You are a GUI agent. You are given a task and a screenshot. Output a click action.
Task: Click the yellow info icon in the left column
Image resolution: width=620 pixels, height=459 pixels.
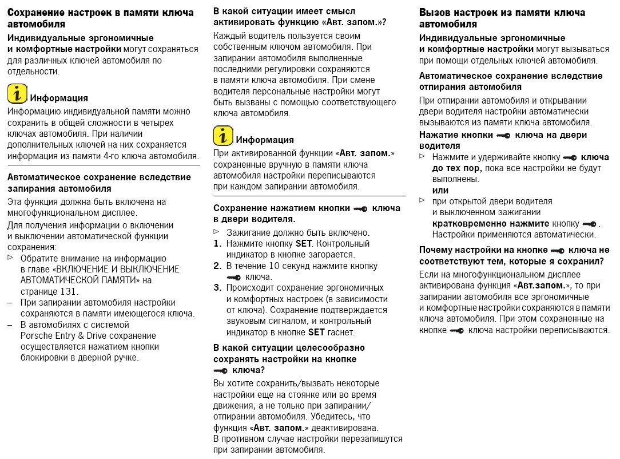[18, 94]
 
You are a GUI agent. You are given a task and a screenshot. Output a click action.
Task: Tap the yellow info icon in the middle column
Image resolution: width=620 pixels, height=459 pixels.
[223, 136]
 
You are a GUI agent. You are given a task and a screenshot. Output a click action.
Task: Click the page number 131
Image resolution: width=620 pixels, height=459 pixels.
[68, 291]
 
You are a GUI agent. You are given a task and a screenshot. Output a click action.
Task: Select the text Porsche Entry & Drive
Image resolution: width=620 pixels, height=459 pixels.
[63, 335]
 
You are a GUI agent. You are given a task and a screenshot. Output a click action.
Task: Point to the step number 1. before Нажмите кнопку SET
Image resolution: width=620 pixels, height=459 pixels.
[217, 244]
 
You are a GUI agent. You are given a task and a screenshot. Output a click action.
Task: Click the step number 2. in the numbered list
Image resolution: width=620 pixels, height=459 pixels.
[217, 266]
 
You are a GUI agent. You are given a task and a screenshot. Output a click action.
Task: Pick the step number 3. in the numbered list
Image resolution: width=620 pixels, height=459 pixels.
[217, 287]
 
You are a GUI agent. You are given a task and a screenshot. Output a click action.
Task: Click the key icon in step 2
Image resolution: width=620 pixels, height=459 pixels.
[234, 277]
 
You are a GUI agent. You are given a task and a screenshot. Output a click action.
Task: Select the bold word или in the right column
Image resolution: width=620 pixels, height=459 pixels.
[440, 191]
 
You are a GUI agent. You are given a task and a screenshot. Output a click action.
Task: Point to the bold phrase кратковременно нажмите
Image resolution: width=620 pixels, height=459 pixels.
[483, 223]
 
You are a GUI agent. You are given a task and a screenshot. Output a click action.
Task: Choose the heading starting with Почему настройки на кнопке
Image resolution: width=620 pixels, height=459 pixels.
[514, 256]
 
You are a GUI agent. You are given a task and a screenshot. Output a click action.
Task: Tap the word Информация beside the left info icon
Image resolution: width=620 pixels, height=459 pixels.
[59, 98]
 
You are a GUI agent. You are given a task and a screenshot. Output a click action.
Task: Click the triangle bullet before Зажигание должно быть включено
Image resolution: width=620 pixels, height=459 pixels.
[216, 232]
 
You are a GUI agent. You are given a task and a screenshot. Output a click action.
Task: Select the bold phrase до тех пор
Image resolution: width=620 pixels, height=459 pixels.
[456, 168]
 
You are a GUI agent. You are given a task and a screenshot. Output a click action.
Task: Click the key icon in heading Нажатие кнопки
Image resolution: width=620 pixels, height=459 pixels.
[504, 135]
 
